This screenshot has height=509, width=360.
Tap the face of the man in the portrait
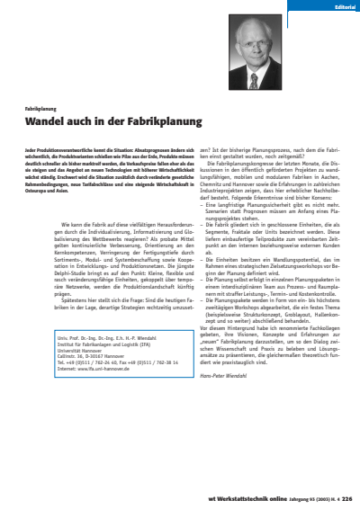click(x=256, y=37)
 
